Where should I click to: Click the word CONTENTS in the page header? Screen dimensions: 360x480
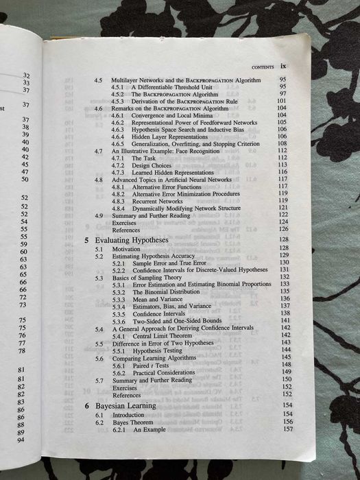click(x=263, y=67)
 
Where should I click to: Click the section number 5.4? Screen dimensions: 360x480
click(x=99, y=329)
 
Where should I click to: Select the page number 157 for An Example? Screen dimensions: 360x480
click(x=287, y=430)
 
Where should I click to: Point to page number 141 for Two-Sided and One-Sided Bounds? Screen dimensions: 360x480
click(x=286, y=321)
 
